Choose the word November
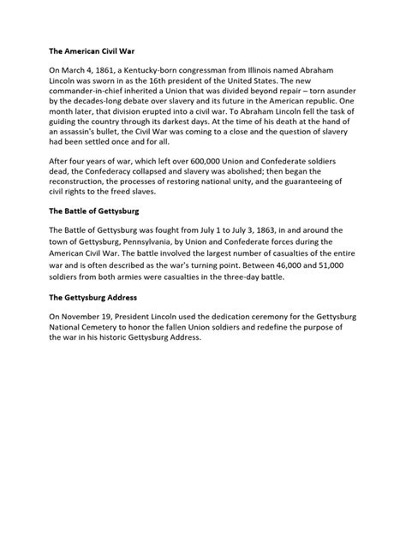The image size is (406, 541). click(x=83, y=319)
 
